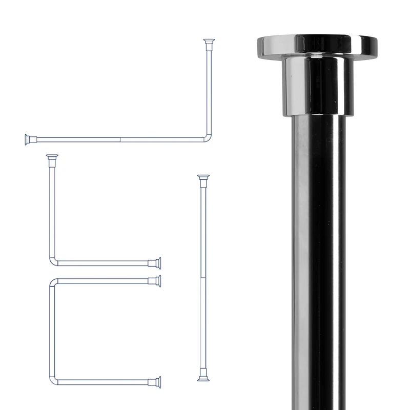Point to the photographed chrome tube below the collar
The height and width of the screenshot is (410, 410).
click(315, 256)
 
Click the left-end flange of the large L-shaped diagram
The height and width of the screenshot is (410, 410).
click(28, 139)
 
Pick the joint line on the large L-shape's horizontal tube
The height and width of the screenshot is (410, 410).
click(120, 139)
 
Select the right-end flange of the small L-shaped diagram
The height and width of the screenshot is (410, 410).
click(158, 263)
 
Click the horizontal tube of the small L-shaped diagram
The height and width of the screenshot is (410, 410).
click(102, 263)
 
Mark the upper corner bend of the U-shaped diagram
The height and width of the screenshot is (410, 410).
click(54, 282)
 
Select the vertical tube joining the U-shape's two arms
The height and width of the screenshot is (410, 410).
click(52, 331)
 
